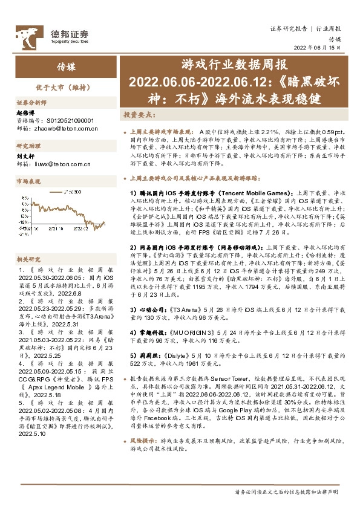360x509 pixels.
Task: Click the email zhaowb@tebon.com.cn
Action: click(x=63, y=128)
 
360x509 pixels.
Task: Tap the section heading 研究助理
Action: click(x=28, y=146)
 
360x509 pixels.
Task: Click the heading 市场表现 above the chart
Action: click(x=28, y=181)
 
